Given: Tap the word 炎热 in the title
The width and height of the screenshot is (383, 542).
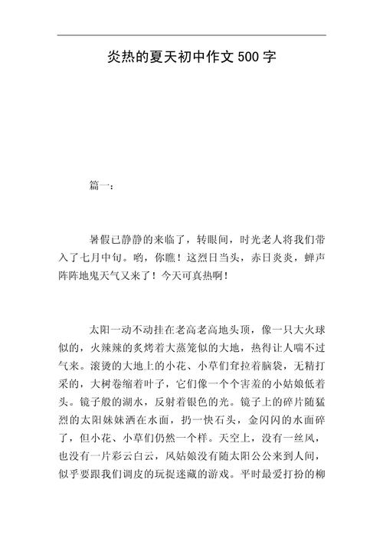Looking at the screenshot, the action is click(118, 57).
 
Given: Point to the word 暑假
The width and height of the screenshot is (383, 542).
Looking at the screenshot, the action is click(100, 241).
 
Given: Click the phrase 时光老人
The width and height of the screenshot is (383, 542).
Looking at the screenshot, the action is click(264, 241).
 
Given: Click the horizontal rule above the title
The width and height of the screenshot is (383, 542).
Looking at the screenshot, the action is click(191, 35).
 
